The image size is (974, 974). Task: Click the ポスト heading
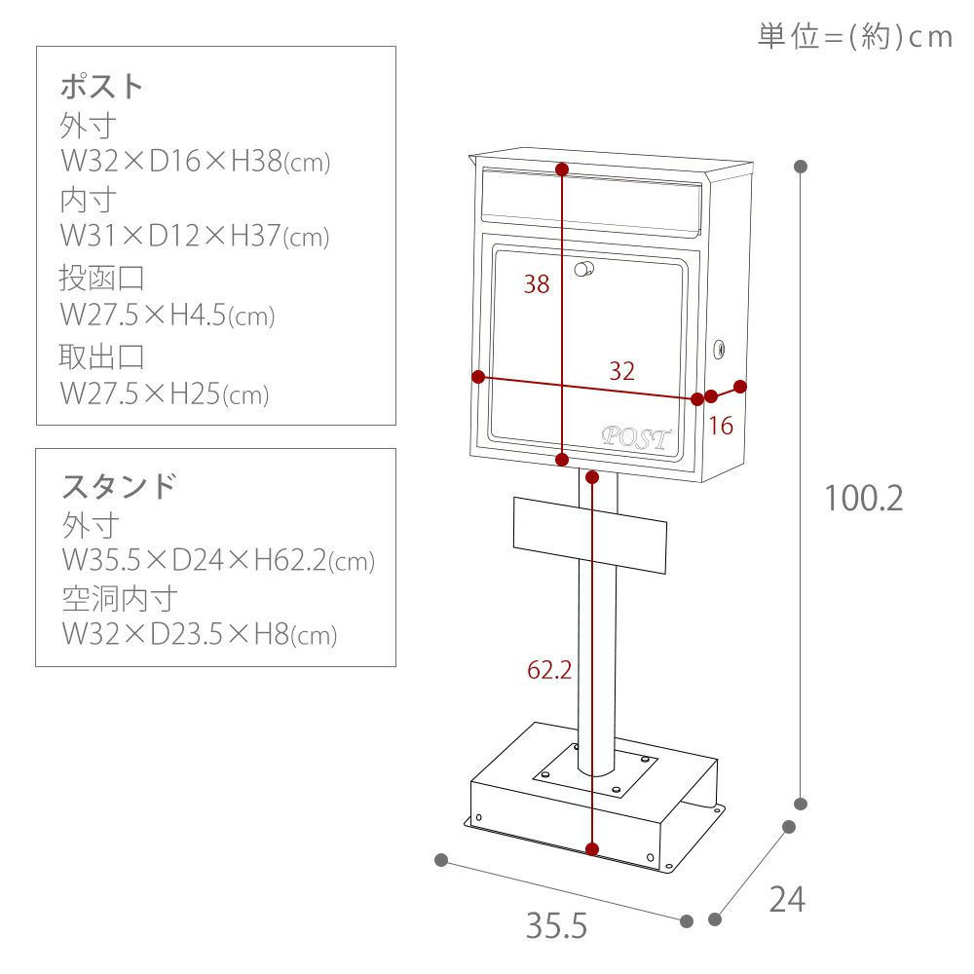pos(101,86)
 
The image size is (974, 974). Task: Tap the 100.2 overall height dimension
pos(863,499)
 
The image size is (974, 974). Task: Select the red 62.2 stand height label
pos(548,670)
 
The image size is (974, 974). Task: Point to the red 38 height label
pos(537,284)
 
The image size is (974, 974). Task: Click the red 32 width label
pos(621,370)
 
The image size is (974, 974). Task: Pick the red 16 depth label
pos(721,426)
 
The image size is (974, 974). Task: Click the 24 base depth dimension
pos(787,900)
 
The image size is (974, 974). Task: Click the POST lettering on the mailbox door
pos(637,437)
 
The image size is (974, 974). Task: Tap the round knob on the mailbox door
pos(584,269)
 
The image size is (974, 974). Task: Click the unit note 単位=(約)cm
pos(853,37)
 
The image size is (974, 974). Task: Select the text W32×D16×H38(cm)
pos(196,162)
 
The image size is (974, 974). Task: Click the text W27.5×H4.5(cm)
pos(168,316)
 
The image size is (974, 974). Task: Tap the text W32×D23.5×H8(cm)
pos(199,635)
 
